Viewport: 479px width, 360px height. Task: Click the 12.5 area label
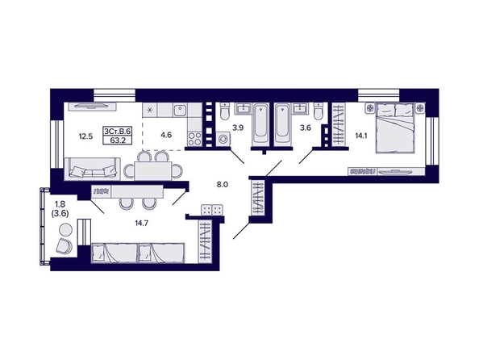click(x=85, y=136)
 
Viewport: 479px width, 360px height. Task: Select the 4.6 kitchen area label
click(x=166, y=135)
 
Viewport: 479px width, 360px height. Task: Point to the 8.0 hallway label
click(x=223, y=184)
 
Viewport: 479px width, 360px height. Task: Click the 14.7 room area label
click(x=141, y=224)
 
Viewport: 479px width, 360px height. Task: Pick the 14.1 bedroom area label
click(x=360, y=136)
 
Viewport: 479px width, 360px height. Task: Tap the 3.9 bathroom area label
click(x=238, y=128)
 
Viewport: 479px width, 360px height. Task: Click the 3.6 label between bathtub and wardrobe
click(x=306, y=128)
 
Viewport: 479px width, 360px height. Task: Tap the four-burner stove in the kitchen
click(x=194, y=139)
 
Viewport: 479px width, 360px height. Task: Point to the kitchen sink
click(x=181, y=110)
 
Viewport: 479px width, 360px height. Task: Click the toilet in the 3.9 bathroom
click(x=225, y=112)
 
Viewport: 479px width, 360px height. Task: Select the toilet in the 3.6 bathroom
click(x=319, y=112)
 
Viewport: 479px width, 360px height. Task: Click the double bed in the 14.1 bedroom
click(x=395, y=128)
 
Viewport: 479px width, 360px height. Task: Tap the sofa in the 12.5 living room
click(x=92, y=169)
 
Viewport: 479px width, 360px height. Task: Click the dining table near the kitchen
click(x=153, y=170)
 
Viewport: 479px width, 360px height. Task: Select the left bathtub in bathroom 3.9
click(x=260, y=126)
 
